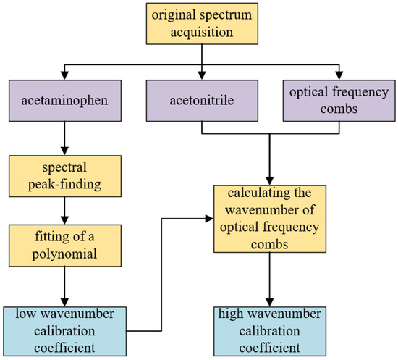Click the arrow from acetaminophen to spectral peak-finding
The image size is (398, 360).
(x=64, y=137)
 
